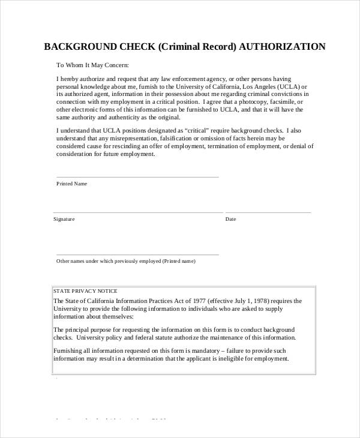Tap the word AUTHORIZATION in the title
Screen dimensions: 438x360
pyautogui.click(x=282, y=47)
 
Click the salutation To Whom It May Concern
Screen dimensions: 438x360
pyautogui.click(x=92, y=65)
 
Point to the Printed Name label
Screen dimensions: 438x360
pyautogui.click(x=72, y=184)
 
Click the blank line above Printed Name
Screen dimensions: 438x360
pyautogui.click(x=137, y=177)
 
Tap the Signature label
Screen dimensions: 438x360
pyautogui.click(x=64, y=219)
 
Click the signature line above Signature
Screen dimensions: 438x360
pyautogui.click(x=137, y=212)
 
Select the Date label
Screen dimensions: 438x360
pyautogui.click(x=230, y=219)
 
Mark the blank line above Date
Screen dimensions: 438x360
pyautogui.click(x=268, y=212)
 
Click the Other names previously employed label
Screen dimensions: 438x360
pyautogui.click(x=125, y=261)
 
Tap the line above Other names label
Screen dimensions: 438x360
pyautogui.click(x=137, y=254)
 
